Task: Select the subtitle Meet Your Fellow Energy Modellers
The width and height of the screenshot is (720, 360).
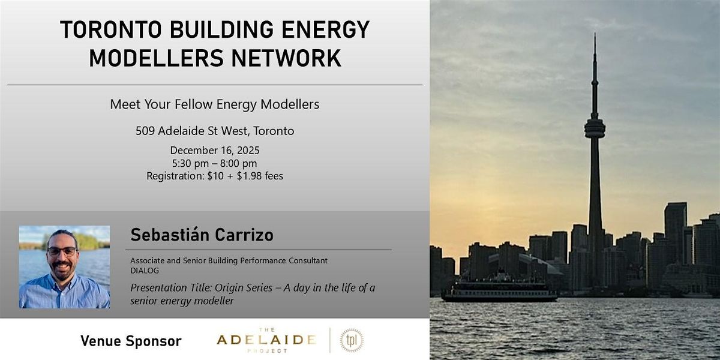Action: click(214, 104)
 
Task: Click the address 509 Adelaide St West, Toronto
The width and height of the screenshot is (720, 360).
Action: click(214, 130)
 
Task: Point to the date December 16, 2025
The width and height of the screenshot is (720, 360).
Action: click(214, 150)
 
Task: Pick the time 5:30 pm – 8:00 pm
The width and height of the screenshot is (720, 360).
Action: click(214, 163)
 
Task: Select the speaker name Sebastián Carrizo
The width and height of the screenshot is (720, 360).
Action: click(202, 235)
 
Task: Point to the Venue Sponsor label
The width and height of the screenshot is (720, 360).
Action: click(131, 341)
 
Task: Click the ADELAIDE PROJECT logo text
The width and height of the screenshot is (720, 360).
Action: click(266, 340)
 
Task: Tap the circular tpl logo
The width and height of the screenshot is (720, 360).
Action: click(351, 340)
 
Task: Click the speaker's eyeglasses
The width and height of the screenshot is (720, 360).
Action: click(62, 251)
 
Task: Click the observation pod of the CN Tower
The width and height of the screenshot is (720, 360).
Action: click(595, 127)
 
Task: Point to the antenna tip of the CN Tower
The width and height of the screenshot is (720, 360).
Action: click(595, 36)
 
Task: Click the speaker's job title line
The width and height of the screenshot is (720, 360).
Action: click(229, 261)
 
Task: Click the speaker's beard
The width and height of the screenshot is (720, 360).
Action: click(62, 268)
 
